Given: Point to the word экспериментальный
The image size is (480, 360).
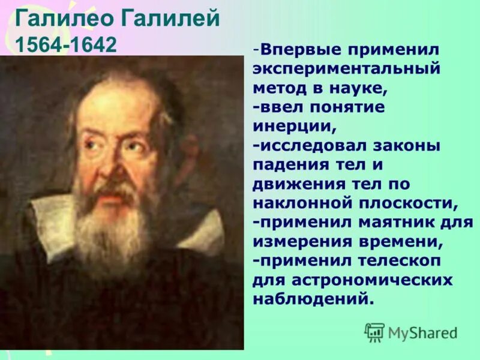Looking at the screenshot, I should (346, 68).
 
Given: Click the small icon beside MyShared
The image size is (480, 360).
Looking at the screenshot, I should (374, 332).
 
